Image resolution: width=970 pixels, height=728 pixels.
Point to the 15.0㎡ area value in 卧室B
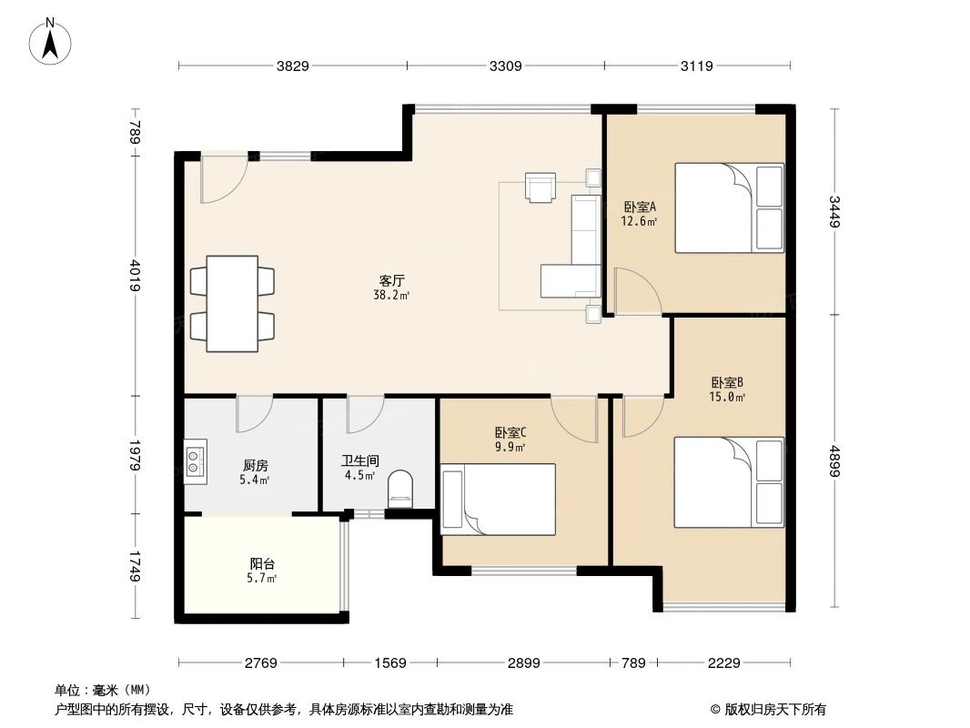click(x=728, y=397)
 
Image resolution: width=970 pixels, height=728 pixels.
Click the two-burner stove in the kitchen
click(x=196, y=461)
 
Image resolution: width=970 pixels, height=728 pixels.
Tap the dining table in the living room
click(x=232, y=304)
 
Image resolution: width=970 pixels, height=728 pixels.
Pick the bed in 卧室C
click(x=498, y=498)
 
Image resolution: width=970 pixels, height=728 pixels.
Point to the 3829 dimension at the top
click(x=293, y=66)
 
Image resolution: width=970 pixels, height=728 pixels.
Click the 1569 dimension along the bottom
click(x=389, y=662)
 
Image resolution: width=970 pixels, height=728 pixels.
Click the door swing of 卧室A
click(x=634, y=291)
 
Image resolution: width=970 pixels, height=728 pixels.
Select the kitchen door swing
click(x=253, y=414)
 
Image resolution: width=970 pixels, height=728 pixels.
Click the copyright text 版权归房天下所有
click(x=773, y=709)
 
